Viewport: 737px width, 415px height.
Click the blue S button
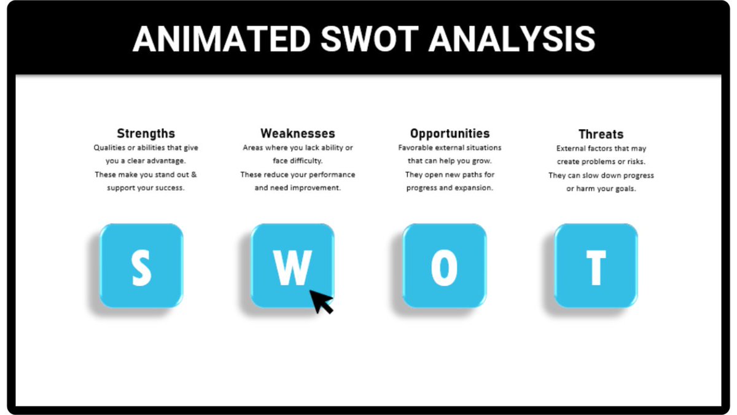(x=141, y=266)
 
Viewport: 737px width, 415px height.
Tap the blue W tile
(x=292, y=266)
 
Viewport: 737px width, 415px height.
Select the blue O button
(x=444, y=266)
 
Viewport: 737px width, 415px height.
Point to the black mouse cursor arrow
(x=321, y=301)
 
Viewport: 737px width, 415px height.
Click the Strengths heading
(x=146, y=133)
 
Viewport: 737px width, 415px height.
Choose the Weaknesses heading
(x=298, y=133)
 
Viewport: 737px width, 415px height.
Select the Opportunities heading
(x=450, y=133)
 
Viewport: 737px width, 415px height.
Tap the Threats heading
(x=601, y=134)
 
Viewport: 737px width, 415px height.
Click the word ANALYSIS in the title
(x=512, y=39)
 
